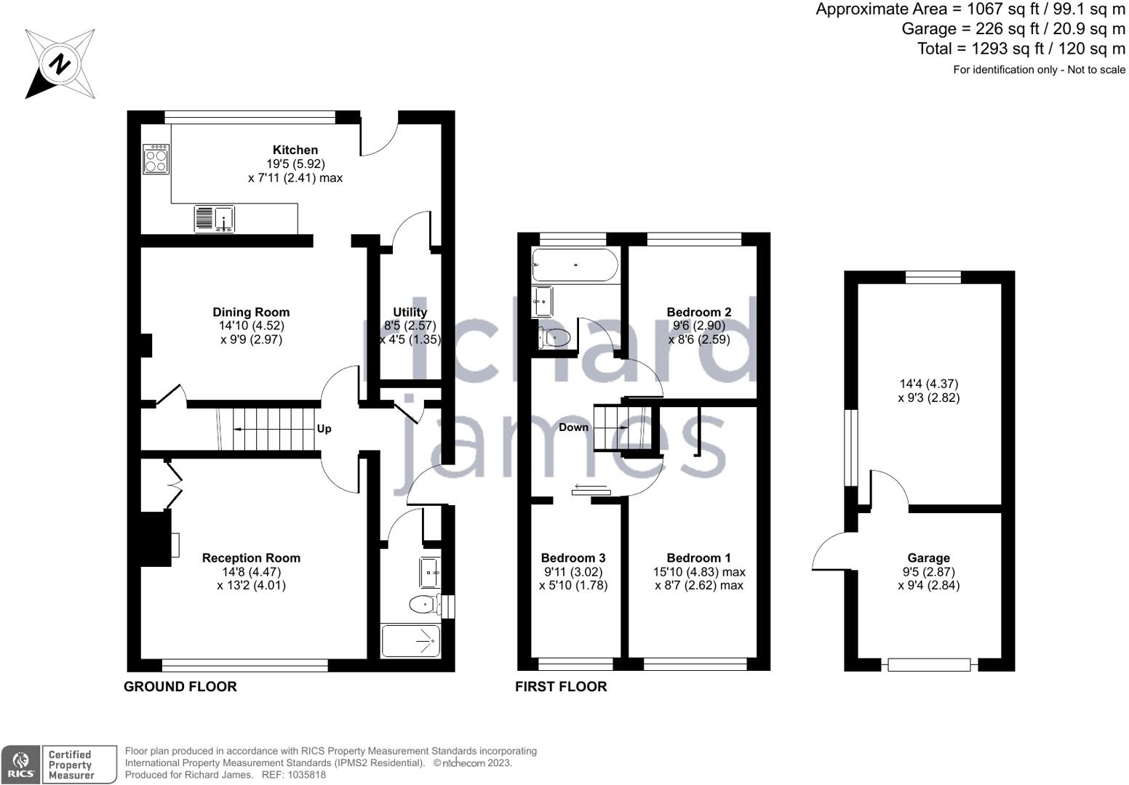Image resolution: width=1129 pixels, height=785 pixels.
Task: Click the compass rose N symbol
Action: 60,64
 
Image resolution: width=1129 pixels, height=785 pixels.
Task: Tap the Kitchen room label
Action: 295,150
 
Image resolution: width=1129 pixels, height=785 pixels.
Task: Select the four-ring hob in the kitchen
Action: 156,159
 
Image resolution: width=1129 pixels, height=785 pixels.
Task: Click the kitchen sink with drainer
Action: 214,219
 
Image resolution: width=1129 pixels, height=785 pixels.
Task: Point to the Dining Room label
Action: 251,313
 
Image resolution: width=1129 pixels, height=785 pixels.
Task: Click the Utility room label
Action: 410,313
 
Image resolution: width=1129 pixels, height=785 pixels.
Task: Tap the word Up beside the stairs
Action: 324,429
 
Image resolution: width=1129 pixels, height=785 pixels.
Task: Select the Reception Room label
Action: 251,558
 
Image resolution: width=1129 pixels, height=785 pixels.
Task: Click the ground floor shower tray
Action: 411,641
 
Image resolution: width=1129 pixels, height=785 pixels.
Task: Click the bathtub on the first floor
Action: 575,265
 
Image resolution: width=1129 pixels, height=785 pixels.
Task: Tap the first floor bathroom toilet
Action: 554,337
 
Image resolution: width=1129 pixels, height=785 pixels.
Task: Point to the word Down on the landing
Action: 573,427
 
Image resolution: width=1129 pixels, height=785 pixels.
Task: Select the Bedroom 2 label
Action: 699,313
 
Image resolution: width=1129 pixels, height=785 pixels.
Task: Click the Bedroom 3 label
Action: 573,558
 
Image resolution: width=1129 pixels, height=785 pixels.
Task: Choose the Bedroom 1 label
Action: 698,558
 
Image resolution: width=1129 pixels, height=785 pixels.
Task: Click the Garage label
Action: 929,558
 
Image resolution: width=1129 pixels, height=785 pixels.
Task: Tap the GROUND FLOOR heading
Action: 180,687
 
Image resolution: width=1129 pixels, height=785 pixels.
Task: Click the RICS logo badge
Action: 20,765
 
